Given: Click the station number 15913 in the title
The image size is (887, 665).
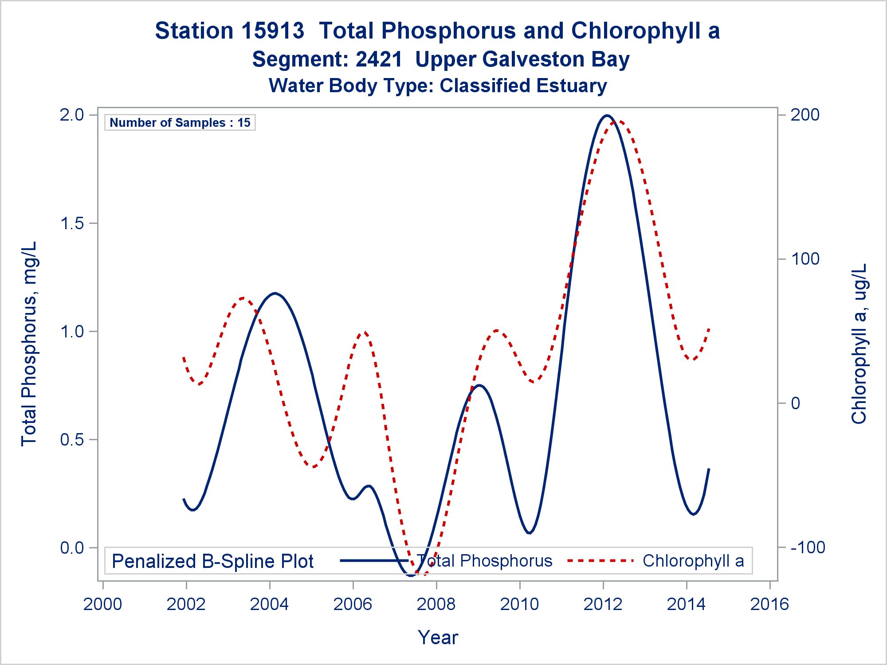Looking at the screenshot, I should click(x=274, y=31).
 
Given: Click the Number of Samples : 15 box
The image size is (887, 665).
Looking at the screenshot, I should click(x=180, y=123).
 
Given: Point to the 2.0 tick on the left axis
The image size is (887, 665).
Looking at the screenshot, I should click(x=72, y=115).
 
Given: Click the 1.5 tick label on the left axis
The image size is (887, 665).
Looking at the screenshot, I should click(x=72, y=223).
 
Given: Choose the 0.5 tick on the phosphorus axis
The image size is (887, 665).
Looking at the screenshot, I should click(x=72, y=440).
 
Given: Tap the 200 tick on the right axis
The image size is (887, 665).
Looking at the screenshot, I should click(x=805, y=115).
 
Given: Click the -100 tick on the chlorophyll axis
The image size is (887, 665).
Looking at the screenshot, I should click(x=808, y=548).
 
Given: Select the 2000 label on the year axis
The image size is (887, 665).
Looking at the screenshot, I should click(x=102, y=604).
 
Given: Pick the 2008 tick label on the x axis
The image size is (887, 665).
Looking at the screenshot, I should click(x=436, y=604).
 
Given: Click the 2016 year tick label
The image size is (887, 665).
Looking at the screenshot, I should click(x=769, y=604).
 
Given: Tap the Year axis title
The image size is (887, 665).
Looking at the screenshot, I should click(x=438, y=638).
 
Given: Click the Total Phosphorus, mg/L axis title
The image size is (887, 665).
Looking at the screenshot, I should click(x=29, y=344).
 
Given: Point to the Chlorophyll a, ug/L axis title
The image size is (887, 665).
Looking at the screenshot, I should click(x=859, y=344).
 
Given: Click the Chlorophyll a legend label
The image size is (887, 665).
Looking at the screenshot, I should click(x=693, y=561).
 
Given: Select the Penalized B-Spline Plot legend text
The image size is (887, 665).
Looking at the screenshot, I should click(x=212, y=562).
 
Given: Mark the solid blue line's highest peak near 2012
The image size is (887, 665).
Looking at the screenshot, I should click(x=607, y=116).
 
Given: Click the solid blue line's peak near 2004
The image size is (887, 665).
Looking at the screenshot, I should click(x=275, y=293).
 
